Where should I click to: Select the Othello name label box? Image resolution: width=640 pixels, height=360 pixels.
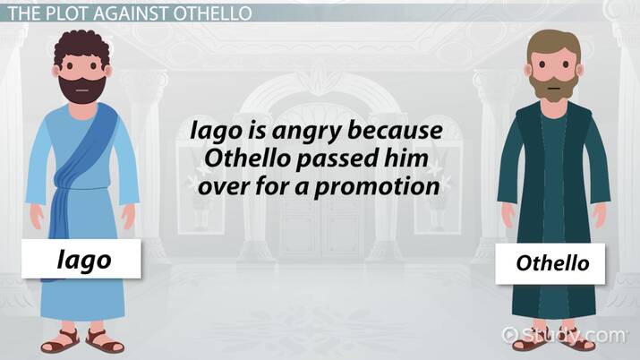[552, 264]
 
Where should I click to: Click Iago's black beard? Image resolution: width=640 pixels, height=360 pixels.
[81, 88]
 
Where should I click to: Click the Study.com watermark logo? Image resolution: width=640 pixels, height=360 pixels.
[563, 335]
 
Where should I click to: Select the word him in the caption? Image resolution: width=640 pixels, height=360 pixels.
[419, 160]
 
